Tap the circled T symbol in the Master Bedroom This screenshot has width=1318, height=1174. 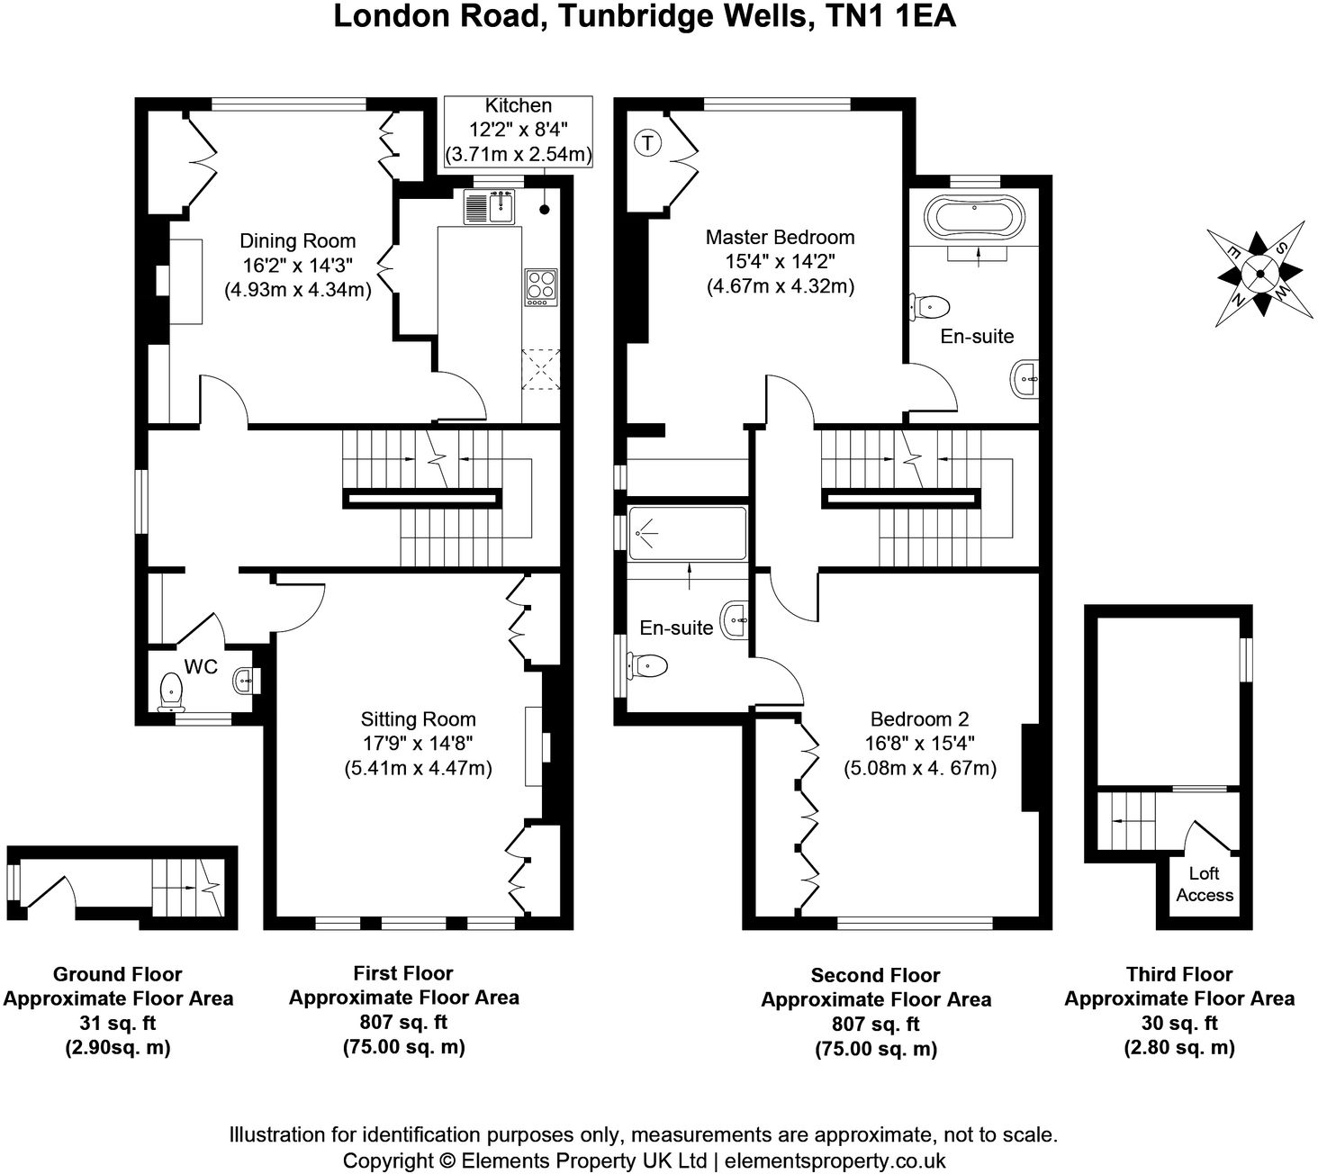point(646,141)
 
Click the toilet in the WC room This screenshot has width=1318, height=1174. point(170,691)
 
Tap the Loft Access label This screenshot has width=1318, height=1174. point(1204,884)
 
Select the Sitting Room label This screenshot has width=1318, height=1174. point(418,718)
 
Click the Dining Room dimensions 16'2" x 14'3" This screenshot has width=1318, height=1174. point(297,266)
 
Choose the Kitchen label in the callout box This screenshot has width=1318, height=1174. point(518,106)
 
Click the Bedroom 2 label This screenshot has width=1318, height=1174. point(919,718)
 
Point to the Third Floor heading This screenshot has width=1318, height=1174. point(1178,974)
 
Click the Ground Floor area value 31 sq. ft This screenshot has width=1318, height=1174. point(117,1023)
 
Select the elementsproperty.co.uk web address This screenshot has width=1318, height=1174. point(835,1160)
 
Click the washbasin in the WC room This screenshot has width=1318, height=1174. point(244,680)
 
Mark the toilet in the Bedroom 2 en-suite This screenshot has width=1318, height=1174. point(648,666)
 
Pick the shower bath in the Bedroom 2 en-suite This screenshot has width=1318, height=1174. point(687,533)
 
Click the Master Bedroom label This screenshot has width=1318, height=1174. point(780,237)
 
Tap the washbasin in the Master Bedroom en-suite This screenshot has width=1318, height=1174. point(1025,380)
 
